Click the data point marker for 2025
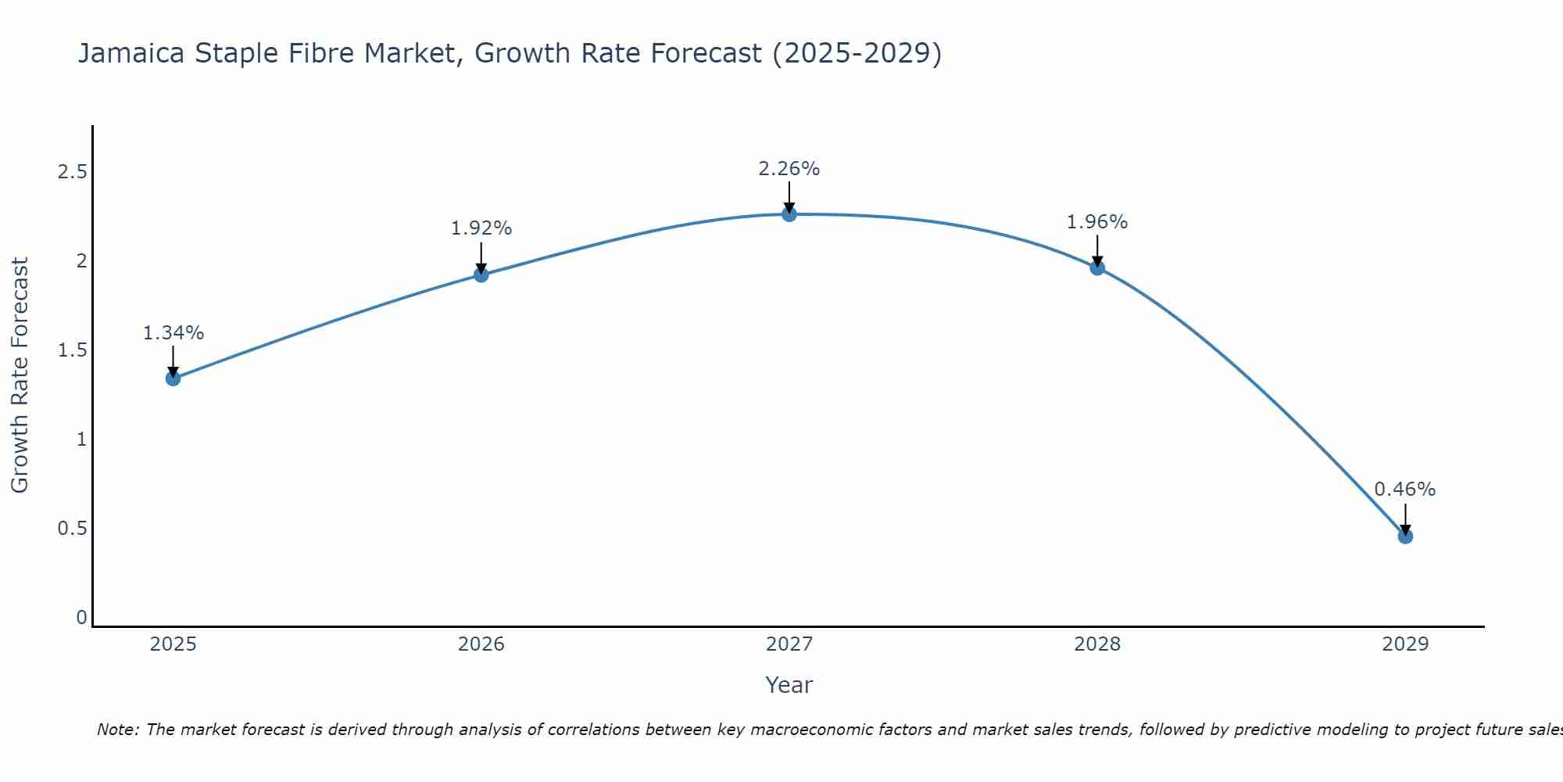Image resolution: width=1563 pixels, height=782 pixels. (x=173, y=378)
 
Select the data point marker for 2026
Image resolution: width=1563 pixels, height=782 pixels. (x=481, y=274)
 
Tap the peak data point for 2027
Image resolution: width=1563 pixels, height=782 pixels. (x=789, y=214)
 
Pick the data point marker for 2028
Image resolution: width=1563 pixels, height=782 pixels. (x=1097, y=267)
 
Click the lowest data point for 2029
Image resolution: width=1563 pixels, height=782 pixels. (x=1405, y=536)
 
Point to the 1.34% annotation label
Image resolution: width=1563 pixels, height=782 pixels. (x=173, y=333)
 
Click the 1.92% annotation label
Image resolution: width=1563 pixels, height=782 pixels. (x=481, y=228)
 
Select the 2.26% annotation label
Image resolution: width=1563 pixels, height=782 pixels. (x=789, y=169)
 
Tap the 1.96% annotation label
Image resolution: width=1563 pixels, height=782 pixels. (x=1097, y=222)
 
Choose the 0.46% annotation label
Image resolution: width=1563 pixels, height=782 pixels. (x=1405, y=490)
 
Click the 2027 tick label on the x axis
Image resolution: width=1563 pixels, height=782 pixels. (x=789, y=644)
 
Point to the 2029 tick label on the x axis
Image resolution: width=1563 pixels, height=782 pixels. (x=1405, y=644)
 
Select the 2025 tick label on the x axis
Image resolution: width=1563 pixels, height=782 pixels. (x=173, y=644)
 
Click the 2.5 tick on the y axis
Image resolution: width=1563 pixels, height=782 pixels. (x=72, y=172)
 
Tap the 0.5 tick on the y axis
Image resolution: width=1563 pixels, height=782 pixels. (x=72, y=529)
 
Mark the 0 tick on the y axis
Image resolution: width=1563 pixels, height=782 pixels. (x=81, y=618)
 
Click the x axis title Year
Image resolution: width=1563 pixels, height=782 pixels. (x=789, y=685)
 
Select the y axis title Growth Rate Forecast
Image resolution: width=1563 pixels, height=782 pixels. (x=20, y=375)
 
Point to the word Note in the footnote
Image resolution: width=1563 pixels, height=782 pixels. (x=116, y=730)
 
